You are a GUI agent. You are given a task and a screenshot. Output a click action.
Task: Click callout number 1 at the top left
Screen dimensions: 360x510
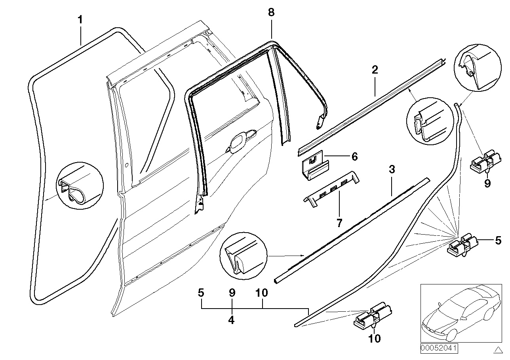pyautogui.click(x=80, y=19)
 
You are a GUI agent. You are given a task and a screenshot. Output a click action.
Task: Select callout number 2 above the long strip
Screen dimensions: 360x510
pyautogui.click(x=375, y=70)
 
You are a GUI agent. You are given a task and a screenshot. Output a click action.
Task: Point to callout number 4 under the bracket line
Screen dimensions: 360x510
pyautogui.click(x=231, y=320)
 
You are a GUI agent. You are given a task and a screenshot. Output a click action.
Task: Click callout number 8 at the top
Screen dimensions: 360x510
pyautogui.click(x=271, y=12)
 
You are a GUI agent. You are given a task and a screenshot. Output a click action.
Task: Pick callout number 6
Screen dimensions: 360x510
pyautogui.click(x=354, y=157)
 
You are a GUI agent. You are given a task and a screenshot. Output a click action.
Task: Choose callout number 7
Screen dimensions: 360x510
pyautogui.click(x=339, y=223)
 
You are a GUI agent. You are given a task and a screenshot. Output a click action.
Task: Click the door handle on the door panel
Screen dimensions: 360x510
pyautogui.click(x=240, y=142)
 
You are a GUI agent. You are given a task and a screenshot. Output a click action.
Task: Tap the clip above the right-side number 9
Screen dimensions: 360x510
pyautogui.click(x=485, y=160)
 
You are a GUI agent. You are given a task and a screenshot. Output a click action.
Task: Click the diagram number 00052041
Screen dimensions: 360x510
pyautogui.click(x=439, y=349)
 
